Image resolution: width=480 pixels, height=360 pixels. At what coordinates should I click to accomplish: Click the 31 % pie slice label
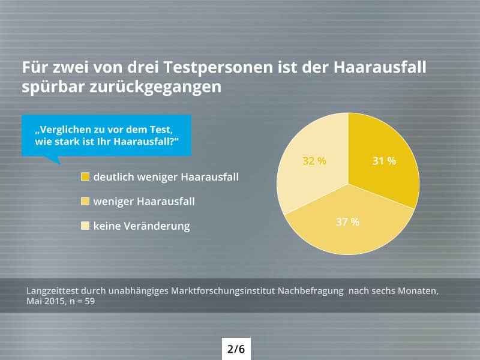point(384,161)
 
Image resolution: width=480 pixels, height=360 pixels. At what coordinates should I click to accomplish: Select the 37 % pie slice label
point(347,222)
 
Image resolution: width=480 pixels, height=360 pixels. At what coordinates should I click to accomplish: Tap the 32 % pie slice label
point(314,161)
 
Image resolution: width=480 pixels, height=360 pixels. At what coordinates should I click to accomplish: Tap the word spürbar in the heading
point(52,86)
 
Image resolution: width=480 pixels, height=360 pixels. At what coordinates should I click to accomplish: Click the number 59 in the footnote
point(89,302)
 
